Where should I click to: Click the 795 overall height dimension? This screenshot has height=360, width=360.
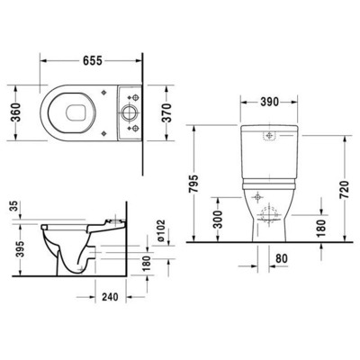click(207, 184)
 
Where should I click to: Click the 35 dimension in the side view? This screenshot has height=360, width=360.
click(13, 206)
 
